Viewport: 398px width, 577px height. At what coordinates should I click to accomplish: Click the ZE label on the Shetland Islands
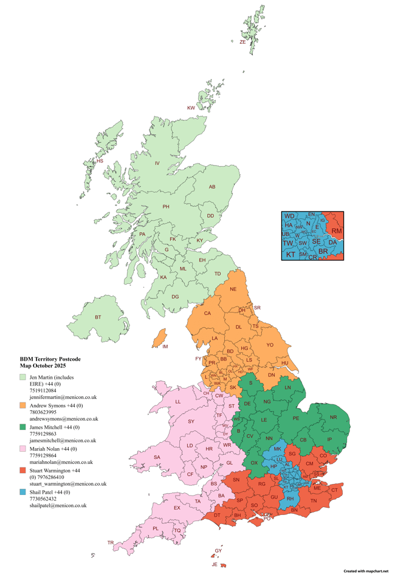[242, 43]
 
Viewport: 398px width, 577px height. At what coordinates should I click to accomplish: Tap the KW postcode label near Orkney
[191, 108]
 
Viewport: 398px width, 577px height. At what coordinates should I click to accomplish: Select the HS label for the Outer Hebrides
[100, 161]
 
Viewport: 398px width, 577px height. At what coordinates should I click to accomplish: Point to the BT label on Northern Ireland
[98, 317]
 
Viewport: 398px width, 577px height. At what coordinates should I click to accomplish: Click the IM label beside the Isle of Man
[165, 347]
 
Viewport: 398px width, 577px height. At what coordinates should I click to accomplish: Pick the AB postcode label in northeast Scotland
[212, 187]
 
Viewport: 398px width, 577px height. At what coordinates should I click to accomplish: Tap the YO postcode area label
[270, 345]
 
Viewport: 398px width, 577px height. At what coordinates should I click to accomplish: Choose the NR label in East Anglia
[333, 418]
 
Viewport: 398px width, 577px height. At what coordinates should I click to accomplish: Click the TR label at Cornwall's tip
[111, 542]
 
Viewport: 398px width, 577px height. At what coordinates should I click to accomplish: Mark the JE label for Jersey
[214, 564]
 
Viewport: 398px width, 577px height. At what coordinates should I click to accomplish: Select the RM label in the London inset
[337, 232]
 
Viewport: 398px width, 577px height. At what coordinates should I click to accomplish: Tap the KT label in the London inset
[290, 254]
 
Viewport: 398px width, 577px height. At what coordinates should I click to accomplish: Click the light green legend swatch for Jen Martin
[23, 378]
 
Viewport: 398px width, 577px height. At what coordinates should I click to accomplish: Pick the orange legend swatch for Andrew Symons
[23, 405]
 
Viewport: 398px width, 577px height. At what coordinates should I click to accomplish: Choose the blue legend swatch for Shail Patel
[23, 492]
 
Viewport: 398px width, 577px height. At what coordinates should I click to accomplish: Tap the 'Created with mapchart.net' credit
[366, 572]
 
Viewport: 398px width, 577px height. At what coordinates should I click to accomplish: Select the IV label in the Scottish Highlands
[157, 163]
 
